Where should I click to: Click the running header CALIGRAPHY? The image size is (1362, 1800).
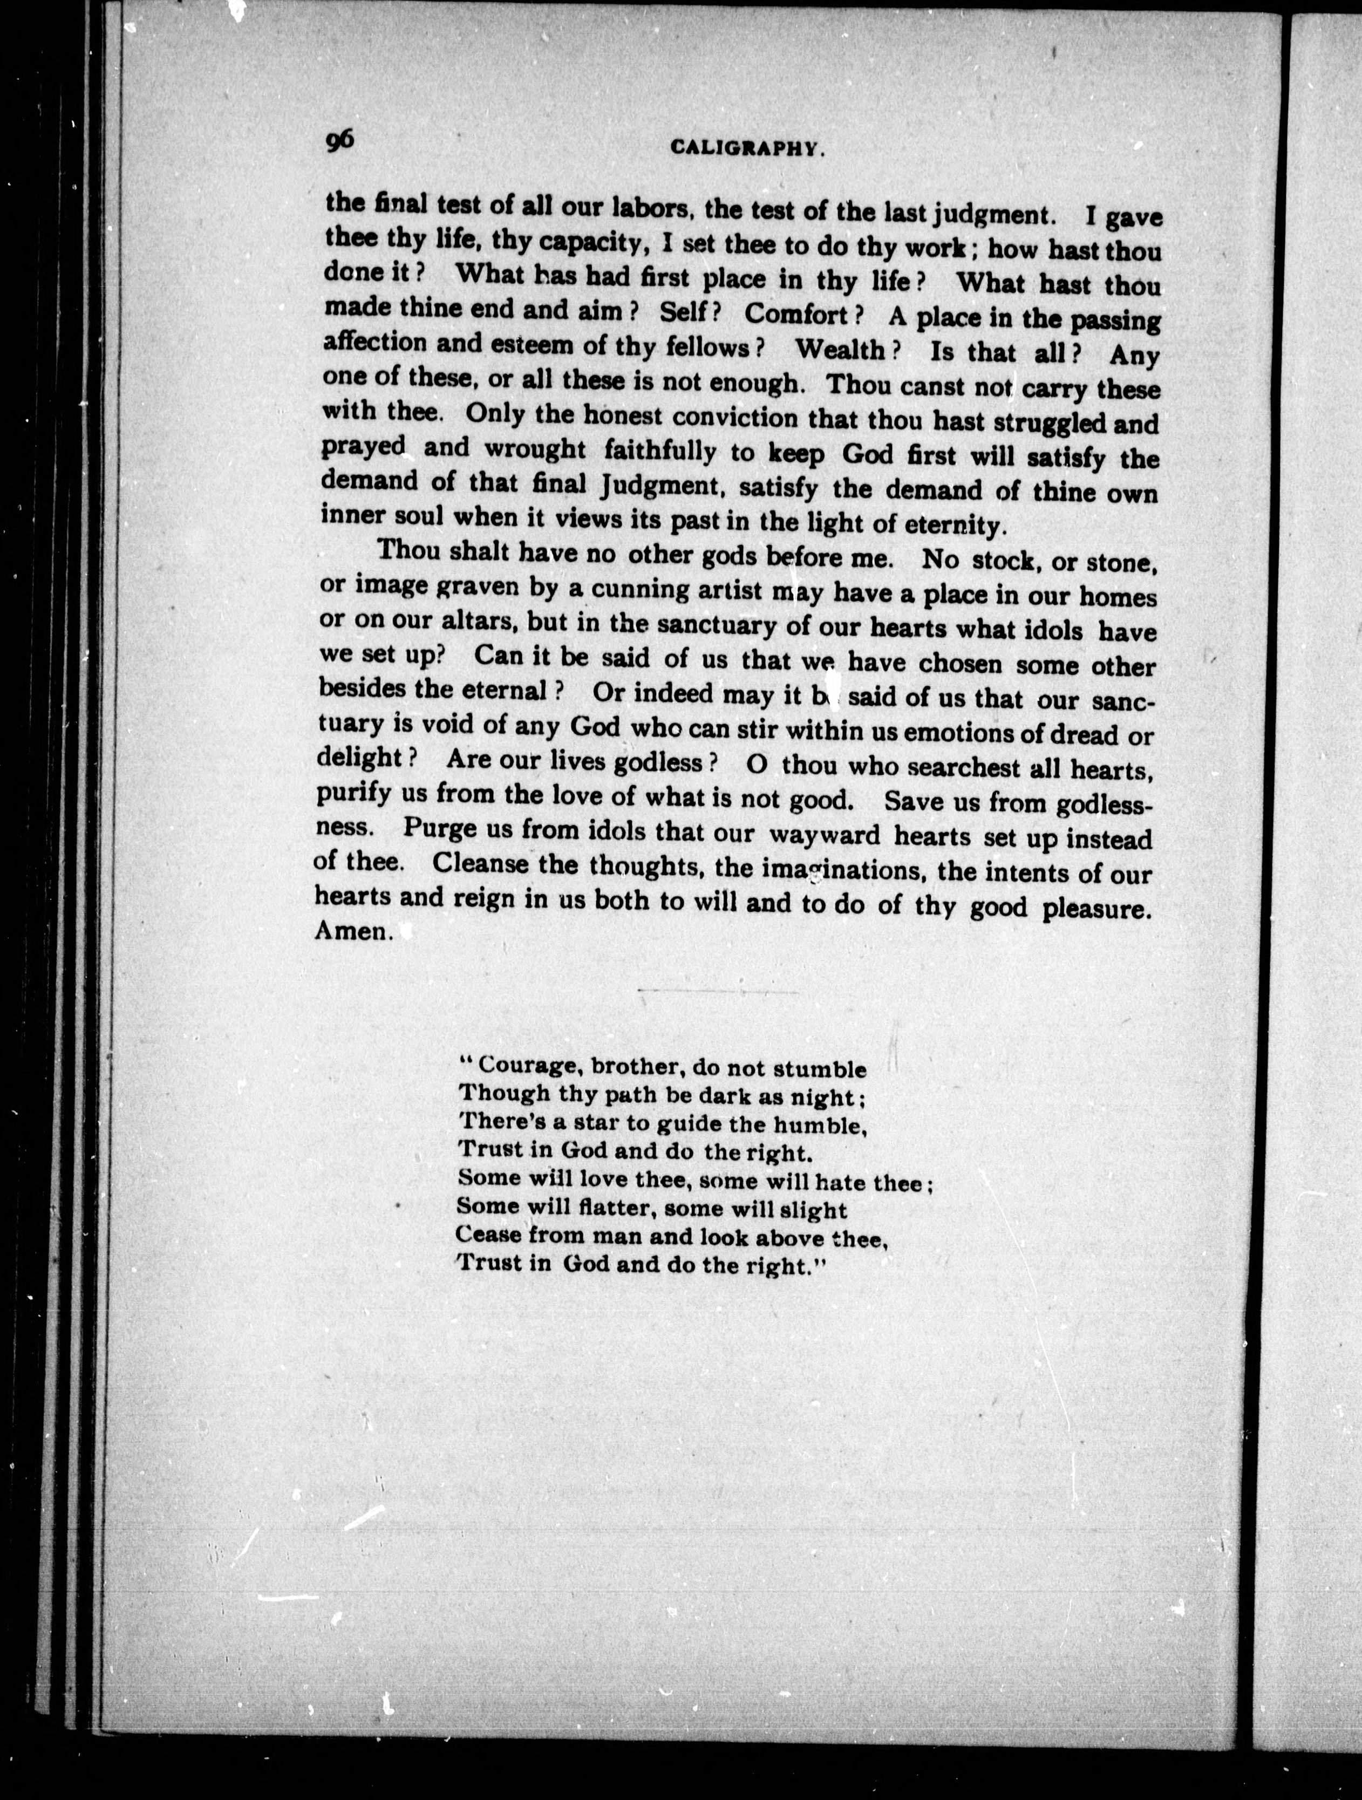point(748,147)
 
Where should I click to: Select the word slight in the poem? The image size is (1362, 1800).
point(813,1210)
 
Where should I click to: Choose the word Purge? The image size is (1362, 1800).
point(439,830)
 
